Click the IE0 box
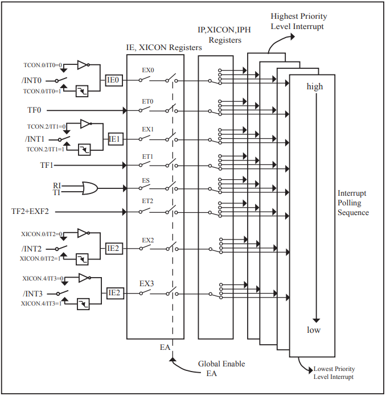point(113,81)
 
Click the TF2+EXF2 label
point(31,212)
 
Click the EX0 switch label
point(147,71)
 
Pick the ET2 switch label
point(147,201)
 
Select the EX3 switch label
point(147,282)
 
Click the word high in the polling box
point(314,86)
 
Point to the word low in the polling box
point(314,330)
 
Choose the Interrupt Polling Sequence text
point(353,203)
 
